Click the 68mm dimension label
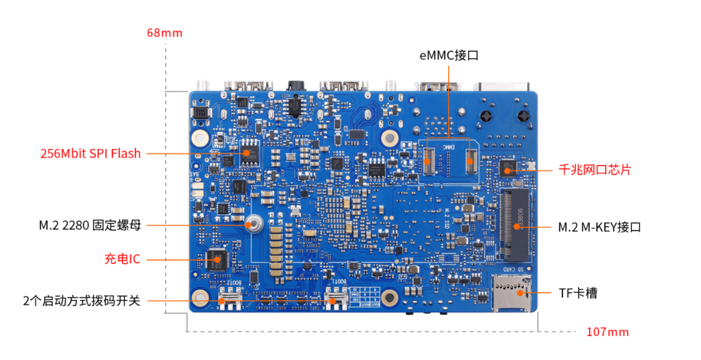[165, 33]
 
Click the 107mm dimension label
[608, 332]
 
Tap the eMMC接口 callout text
[449, 55]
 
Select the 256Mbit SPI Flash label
[91, 154]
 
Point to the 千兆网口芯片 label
[594, 170]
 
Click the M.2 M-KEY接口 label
[599, 227]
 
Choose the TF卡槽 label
[578, 293]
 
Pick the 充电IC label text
[122, 259]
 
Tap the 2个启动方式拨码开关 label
[82, 300]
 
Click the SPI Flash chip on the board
[248, 152]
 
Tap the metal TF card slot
[511, 293]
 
